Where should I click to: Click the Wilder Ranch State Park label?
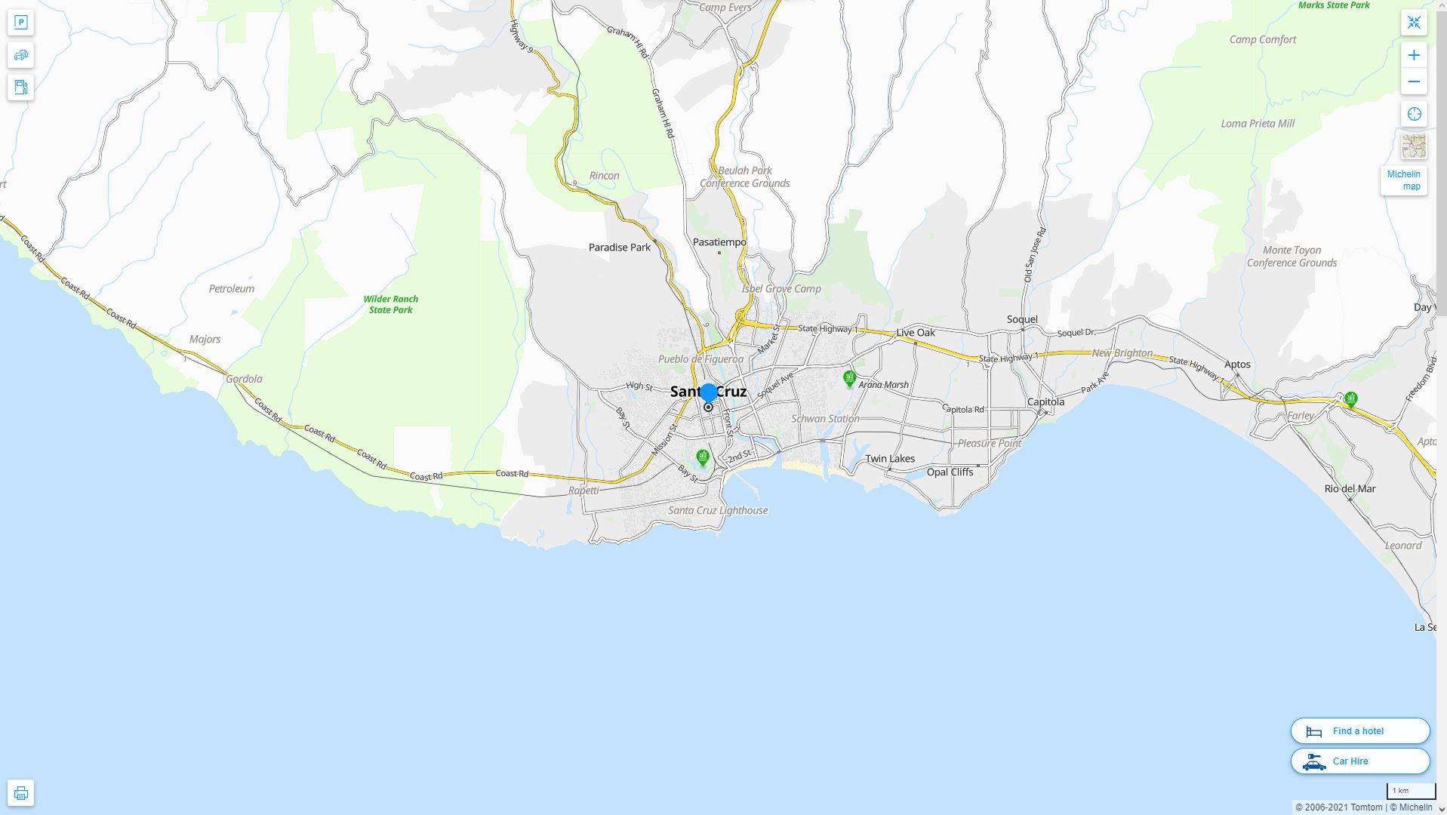point(390,304)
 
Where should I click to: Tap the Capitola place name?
point(1045,402)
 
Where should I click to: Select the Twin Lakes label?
point(890,459)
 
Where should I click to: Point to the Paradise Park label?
point(619,248)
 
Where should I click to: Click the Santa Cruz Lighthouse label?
point(718,511)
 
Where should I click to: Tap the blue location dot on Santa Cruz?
point(708,392)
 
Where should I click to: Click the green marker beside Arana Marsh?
point(849,378)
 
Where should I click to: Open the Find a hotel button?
point(1359,731)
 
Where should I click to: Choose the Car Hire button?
point(1359,761)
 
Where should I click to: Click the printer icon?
point(21,793)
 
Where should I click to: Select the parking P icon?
point(21,23)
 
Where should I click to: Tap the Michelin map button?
point(1403,180)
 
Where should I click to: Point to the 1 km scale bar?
point(1410,792)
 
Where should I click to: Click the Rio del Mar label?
point(1350,489)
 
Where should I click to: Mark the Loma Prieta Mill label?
point(1258,124)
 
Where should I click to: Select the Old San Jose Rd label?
point(1033,256)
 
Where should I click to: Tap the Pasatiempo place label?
point(719,242)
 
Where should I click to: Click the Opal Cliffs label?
point(950,472)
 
